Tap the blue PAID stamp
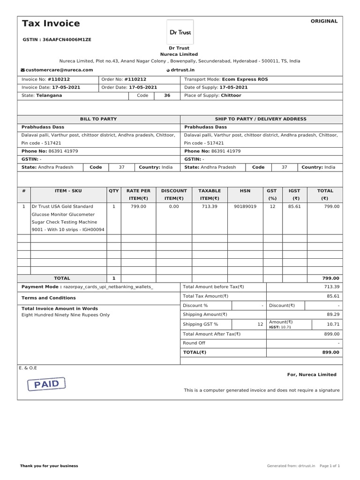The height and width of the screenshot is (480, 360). (x=46, y=384)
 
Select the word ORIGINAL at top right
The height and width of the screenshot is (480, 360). (x=324, y=21)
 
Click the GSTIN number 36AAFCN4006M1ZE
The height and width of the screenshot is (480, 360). (x=67, y=40)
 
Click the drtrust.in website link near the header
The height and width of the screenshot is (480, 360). (x=182, y=70)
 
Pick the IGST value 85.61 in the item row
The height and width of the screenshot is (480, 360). (x=294, y=206)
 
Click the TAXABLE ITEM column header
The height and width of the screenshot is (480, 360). (x=209, y=195)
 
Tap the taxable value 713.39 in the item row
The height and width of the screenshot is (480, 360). (x=209, y=206)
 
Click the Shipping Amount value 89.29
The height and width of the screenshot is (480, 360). (x=332, y=315)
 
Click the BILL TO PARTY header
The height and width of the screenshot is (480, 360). (x=98, y=119)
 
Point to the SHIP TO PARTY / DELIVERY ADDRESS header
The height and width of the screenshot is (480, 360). (x=261, y=119)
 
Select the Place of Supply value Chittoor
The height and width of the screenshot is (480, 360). (x=231, y=96)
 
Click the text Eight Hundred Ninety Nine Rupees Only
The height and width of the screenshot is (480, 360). (x=66, y=315)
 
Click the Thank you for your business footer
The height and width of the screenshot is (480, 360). (x=49, y=466)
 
